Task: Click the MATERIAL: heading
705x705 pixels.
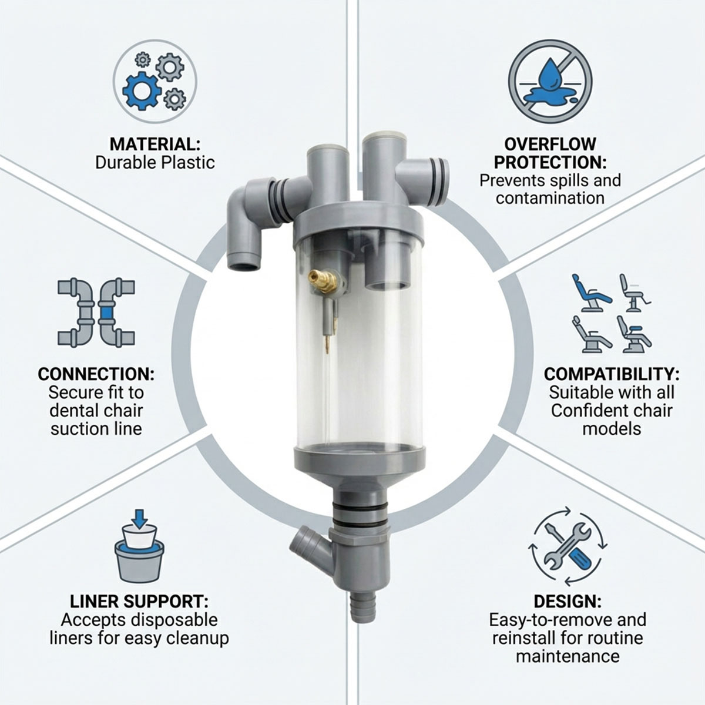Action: click(x=155, y=144)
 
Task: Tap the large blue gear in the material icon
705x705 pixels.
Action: click(x=142, y=92)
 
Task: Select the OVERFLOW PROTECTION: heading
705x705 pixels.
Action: click(x=550, y=153)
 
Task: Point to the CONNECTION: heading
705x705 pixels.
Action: click(x=96, y=374)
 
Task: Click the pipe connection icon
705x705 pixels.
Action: click(x=96, y=313)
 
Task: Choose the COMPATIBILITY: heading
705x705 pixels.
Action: click(x=612, y=374)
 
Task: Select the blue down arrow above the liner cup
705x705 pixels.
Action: click(x=139, y=518)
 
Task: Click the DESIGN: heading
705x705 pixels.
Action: click(x=567, y=602)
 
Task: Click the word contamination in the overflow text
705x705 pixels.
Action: click(x=550, y=197)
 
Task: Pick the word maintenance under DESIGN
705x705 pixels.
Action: click(x=567, y=656)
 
